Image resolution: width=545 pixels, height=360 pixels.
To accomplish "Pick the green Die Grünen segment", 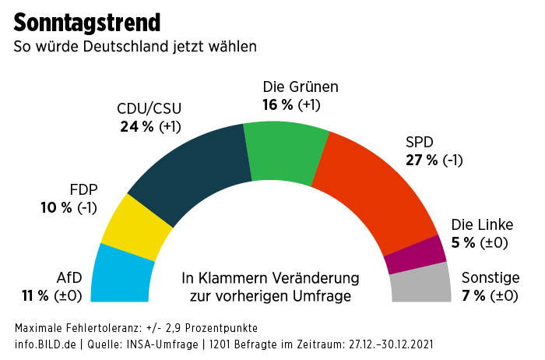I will (x=284, y=147).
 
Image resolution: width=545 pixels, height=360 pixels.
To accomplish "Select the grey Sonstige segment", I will (x=420, y=284).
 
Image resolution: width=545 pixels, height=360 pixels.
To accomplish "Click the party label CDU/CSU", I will (x=149, y=109).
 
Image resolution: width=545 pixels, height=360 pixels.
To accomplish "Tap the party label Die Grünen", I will (x=301, y=86).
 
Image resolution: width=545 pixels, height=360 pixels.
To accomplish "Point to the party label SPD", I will (x=420, y=143).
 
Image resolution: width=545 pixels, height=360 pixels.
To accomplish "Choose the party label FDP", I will (x=83, y=190).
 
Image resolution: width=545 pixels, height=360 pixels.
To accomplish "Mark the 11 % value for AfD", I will (x=35, y=295).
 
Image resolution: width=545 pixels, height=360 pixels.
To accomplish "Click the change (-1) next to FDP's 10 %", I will (x=86, y=208).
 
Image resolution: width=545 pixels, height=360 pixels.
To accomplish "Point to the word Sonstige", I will (x=490, y=277).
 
